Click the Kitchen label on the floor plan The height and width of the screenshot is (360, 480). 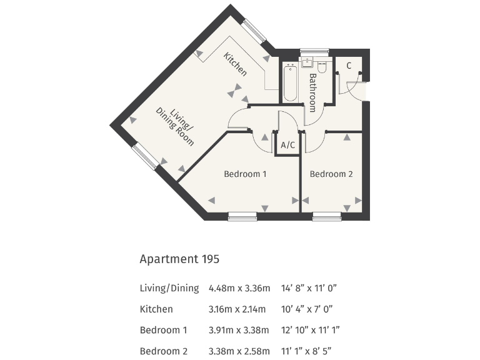coord(236,64)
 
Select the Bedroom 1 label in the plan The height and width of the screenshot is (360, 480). coord(245,174)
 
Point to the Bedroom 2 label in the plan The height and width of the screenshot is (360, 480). coord(331,174)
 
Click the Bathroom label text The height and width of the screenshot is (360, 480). coord(314,92)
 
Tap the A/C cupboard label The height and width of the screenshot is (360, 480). coord(288,145)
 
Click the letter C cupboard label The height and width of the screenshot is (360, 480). coord(349,65)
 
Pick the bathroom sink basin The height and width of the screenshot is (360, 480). coord(307,63)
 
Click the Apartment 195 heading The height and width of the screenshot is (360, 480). coord(179,258)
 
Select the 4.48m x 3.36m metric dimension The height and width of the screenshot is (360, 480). coord(239,288)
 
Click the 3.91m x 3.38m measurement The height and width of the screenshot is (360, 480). coord(239,330)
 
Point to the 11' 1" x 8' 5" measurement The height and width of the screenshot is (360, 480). coord(308,350)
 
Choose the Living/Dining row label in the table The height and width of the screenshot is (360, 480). coord(169,288)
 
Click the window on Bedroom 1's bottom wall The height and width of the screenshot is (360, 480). coord(242,216)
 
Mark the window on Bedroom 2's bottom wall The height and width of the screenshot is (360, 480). coord(327,216)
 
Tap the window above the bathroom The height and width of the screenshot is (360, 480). coord(314,51)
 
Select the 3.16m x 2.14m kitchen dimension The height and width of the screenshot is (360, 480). coord(239,309)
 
